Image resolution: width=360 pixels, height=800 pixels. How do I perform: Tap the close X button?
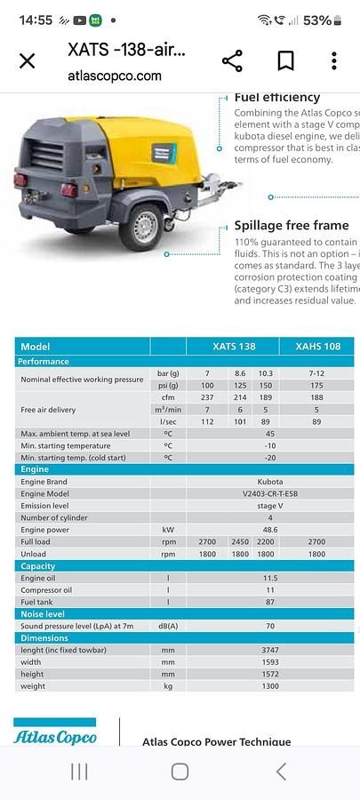coord(28,60)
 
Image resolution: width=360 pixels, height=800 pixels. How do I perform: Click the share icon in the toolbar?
coord(232,60)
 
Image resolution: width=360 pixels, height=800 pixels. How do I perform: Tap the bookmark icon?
coord(285,60)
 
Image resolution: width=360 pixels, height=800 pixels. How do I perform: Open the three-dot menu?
coord(334,60)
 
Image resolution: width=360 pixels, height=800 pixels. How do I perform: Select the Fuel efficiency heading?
coord(276,97)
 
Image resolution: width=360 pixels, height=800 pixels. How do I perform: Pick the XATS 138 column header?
coord(234,347)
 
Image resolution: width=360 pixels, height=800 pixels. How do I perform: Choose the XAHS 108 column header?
coord(316,347)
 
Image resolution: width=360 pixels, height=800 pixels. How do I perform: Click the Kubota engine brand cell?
coord(269,481)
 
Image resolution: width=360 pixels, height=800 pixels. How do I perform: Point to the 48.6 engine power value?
coord(269,529)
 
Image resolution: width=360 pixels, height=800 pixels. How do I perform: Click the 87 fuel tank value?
coord(269,602)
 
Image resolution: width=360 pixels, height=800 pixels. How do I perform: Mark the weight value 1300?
coord(269,686)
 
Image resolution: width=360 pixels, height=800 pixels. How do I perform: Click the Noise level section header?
coord(44,613)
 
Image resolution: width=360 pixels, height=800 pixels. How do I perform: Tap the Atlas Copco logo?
coord(55,736)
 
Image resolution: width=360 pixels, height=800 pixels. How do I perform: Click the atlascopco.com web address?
coord(115,76)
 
